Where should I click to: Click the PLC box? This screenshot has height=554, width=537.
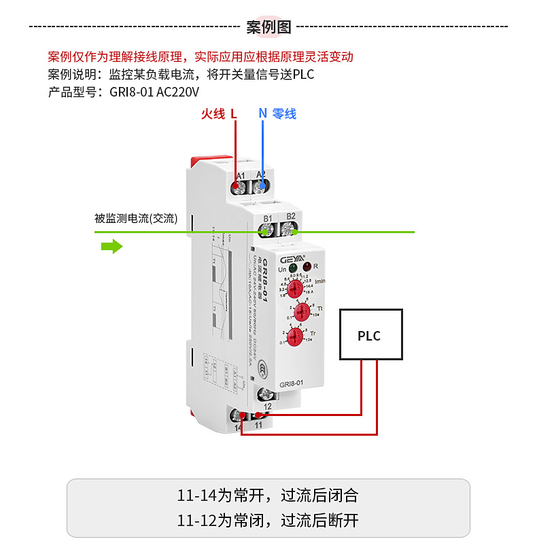pyautogui.click(x=371, y=334)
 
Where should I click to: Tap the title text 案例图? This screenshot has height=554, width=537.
pyautogui.click(x=268, y=27)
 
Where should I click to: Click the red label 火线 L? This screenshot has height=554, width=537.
pyautogui.click(x=218, y=114)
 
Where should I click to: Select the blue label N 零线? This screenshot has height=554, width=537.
pyautogui.click(x=277, y=114)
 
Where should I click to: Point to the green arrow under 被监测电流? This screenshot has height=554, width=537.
pyautogui.click(x=111, y=245)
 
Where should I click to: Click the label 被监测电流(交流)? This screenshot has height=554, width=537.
pyautogui.click(x=136, y=218)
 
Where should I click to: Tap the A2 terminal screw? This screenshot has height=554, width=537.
pyautogui.click(x=262, y=184)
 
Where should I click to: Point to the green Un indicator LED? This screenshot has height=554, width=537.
pyautogui.click(x=292, y=268)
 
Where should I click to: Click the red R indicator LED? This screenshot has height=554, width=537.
pyautogui.click(x=307, y=266)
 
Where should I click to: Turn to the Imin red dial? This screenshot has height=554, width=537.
pyautogui.click(x=294, y=290)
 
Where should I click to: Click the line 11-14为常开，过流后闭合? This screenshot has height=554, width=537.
pyautogui.click(x=268, y=495)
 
